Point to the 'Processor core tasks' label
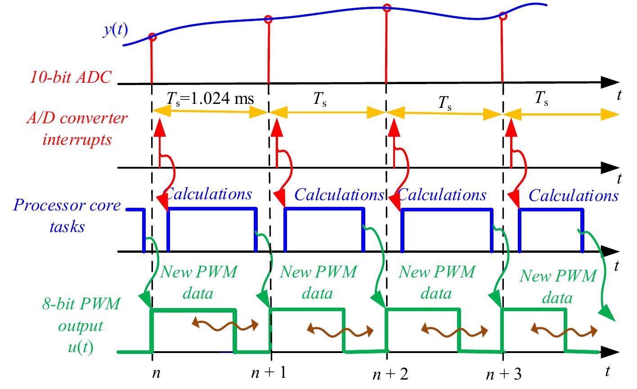(67, 216)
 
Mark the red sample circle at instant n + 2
(386, 7)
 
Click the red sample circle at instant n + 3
(503, 17)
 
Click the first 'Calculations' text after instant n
(209, 194)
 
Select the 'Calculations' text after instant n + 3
(574, 196)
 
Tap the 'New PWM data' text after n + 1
(318, 282)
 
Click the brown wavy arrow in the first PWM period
(225, 324)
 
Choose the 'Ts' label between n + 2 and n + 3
(446, 104)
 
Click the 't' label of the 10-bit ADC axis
(619, 95)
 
